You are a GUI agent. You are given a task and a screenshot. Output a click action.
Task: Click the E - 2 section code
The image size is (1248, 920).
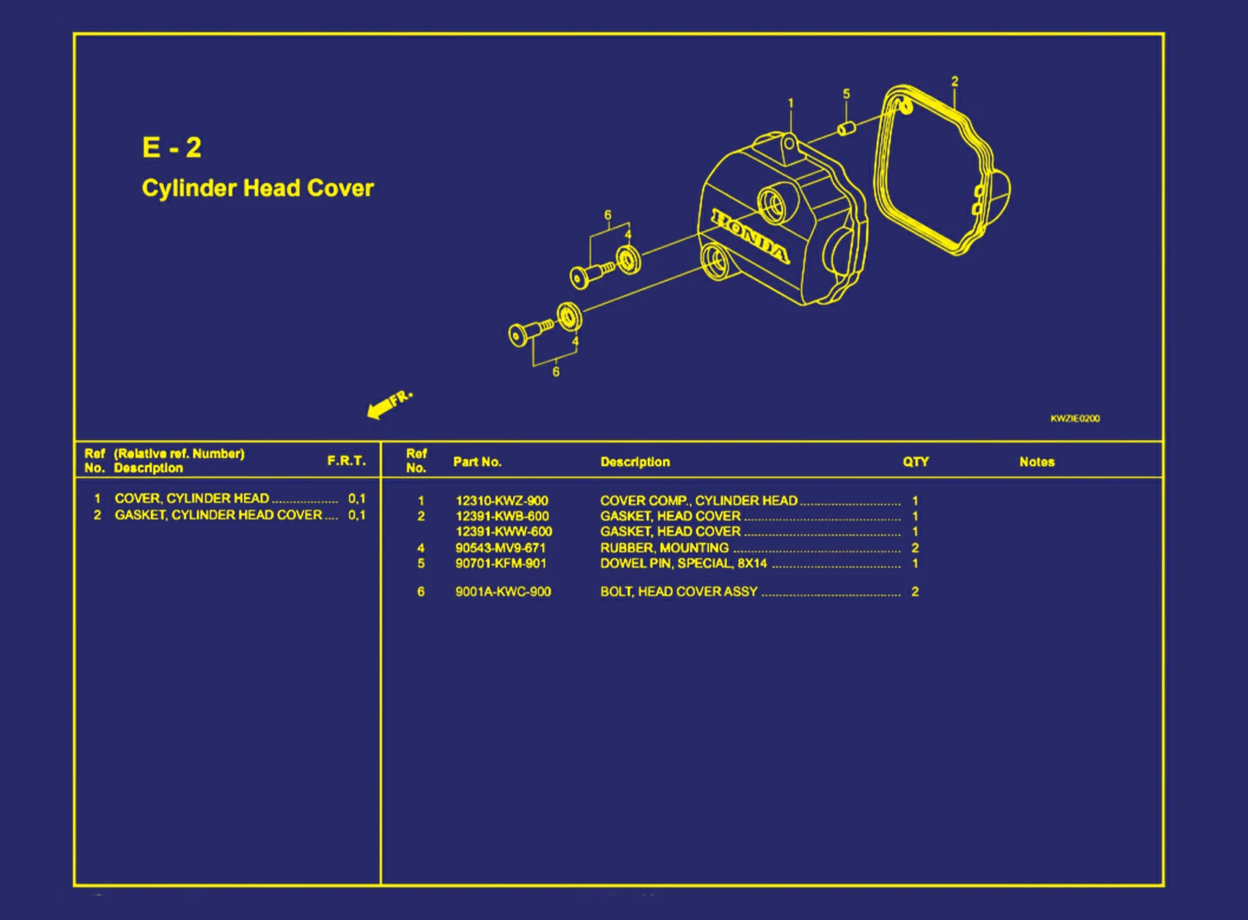172,148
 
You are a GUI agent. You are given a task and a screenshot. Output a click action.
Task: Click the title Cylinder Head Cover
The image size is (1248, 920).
257,189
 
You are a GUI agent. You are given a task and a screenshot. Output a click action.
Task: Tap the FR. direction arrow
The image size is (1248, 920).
389,405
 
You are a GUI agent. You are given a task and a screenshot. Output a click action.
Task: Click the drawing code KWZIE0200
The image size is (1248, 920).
1075,418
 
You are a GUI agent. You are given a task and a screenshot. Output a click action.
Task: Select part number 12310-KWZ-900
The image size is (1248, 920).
501,500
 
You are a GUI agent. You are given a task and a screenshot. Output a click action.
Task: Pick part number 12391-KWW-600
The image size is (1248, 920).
504,531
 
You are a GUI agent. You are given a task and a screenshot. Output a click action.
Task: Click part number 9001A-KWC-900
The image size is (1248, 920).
503,591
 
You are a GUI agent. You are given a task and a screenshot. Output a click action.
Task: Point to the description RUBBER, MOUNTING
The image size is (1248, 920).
664,548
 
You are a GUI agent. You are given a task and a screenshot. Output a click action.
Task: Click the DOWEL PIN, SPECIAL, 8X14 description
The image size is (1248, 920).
684,563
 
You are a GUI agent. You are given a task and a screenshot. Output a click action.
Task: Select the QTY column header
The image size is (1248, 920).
916,462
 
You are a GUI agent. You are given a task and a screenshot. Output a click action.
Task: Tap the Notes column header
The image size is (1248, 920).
1036,462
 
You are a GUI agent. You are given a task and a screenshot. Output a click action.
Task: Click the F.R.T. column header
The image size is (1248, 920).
346,460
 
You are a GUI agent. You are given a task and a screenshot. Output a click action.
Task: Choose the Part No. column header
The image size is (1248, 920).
477,462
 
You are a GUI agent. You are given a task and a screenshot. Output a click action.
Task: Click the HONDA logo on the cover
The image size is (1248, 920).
751,237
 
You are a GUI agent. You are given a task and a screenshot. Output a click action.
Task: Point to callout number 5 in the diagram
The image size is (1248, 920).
846,94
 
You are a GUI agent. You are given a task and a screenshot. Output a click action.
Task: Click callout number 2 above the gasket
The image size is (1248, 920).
955,82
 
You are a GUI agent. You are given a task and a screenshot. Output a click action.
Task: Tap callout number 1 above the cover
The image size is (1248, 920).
790,103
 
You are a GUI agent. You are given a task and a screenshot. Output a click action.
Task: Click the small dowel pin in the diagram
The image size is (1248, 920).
846,129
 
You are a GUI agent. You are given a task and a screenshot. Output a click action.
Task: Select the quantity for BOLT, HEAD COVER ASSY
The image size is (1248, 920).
915,591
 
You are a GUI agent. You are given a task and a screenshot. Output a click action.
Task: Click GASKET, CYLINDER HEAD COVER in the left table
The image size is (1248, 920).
218,515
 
